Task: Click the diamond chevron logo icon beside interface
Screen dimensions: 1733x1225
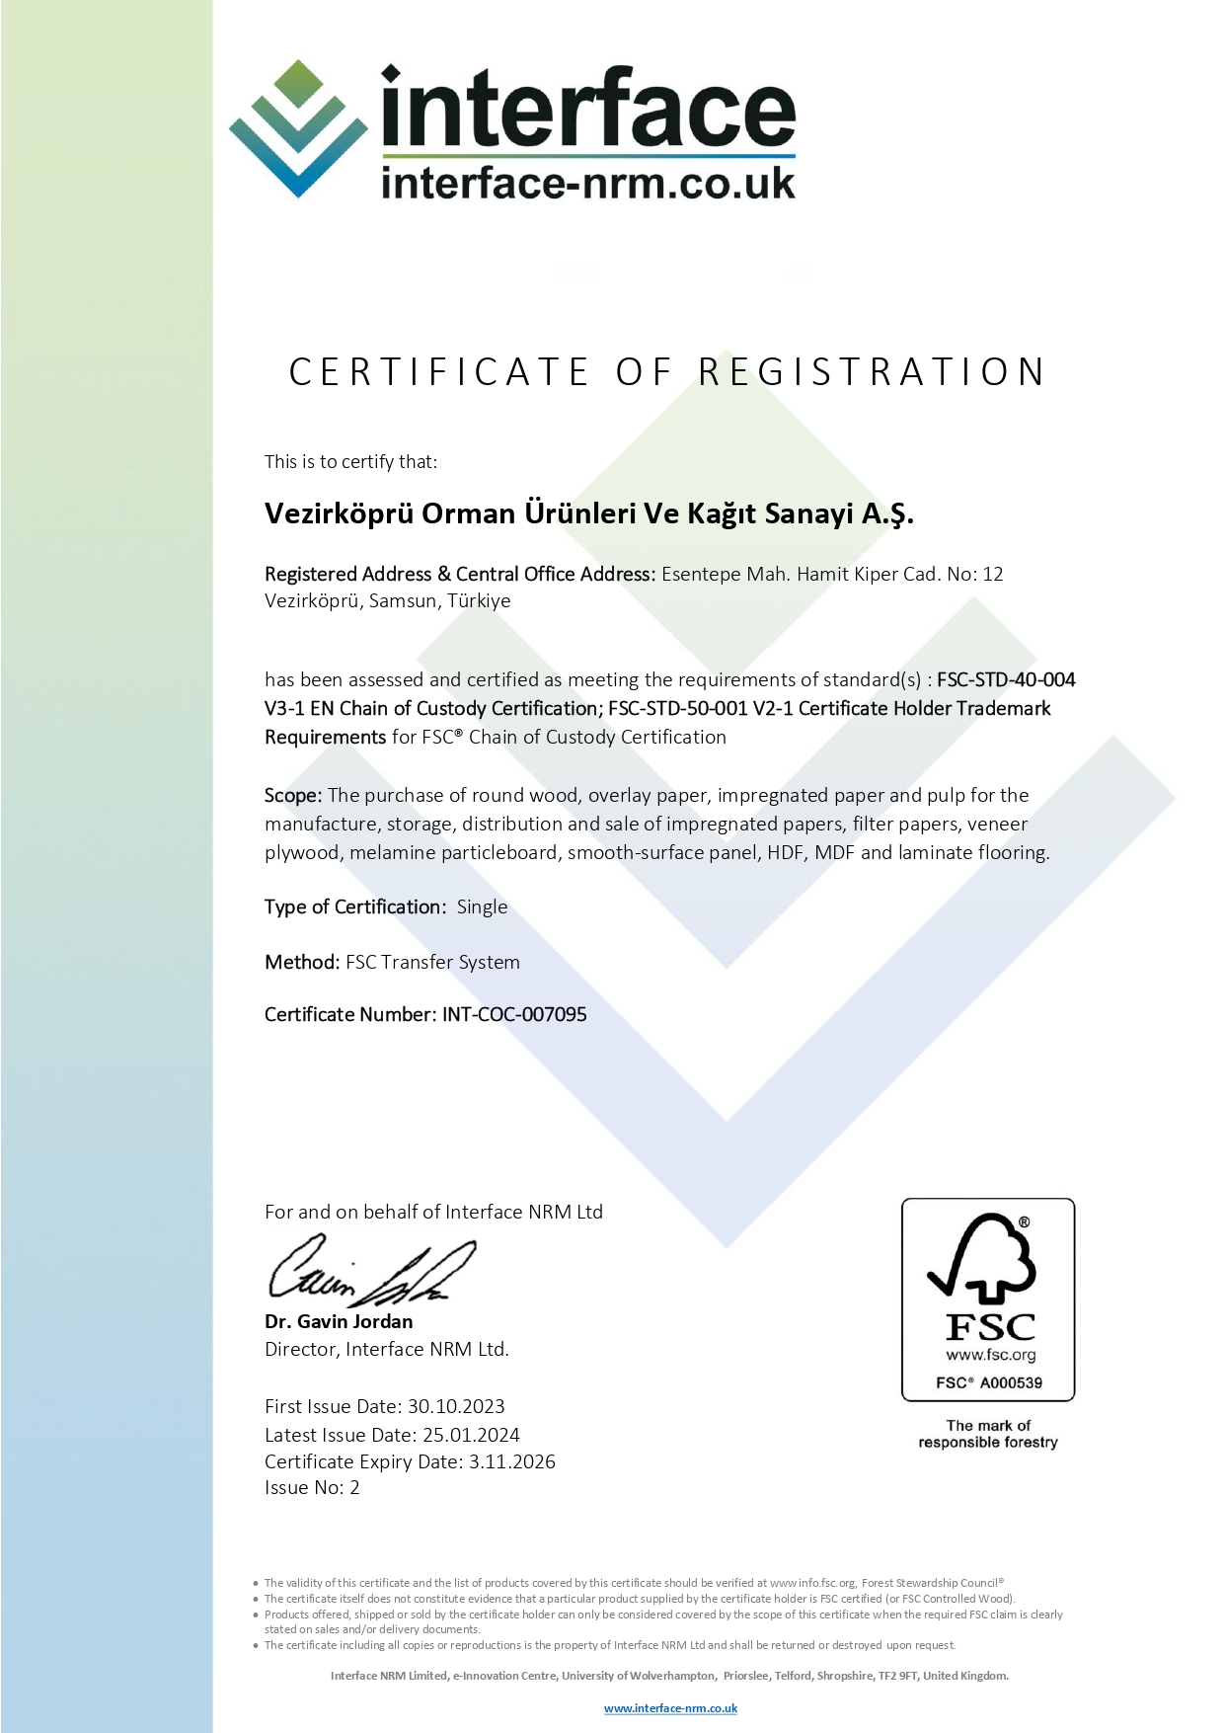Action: coord(298,128)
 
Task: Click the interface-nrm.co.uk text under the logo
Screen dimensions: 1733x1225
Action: coord(588,183)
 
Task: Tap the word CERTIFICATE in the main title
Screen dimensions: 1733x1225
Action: coord(439,372)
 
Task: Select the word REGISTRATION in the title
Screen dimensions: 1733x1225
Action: coord(872,372)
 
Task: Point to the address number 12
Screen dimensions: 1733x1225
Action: coord(993,574)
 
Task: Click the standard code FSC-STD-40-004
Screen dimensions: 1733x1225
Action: coord(1006,679)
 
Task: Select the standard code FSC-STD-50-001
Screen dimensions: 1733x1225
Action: coord(678,708)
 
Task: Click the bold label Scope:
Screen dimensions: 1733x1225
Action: coord(293,795)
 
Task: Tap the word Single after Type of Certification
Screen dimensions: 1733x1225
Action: coord(482,906)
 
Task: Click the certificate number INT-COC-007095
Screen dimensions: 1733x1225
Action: coord(514,1014)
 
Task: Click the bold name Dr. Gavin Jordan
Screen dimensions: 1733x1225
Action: coord(339,1321)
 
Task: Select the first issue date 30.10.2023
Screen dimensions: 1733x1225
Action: coord(456,1406)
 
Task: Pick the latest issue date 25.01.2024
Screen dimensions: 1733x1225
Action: coord(471,1435)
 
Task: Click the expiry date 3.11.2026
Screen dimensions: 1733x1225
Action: coord(512,1461)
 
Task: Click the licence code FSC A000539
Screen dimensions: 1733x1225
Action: coord(988,1382)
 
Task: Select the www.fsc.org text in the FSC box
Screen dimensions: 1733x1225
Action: coord(990,1355)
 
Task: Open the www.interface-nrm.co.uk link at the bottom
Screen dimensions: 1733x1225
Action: coord(670,1708)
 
